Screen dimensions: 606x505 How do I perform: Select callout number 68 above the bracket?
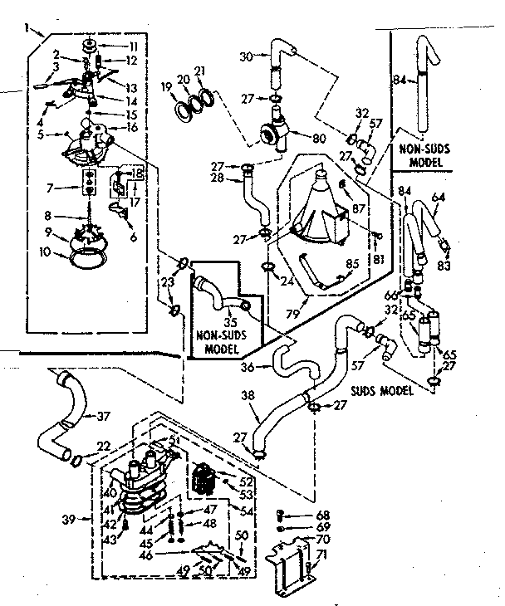(324, 515)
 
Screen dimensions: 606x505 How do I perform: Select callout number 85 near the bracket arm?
(352, 266)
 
